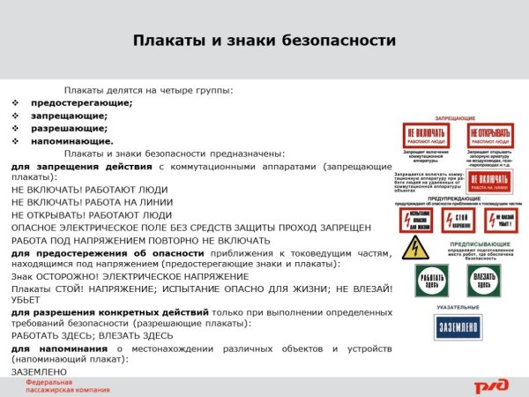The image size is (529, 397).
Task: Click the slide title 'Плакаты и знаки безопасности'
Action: pos(264,41)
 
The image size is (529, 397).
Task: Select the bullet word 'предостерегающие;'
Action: pos(81,102)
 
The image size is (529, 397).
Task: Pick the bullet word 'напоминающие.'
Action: pos(71,140)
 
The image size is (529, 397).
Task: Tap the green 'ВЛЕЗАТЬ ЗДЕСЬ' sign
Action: pos(482,280)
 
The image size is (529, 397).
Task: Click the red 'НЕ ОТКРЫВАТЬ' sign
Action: pos(490,135)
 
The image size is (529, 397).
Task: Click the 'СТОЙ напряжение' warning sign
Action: pos(458,219)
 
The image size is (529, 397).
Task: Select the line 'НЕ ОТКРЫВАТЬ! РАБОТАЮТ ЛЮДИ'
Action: pos(91,213)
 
